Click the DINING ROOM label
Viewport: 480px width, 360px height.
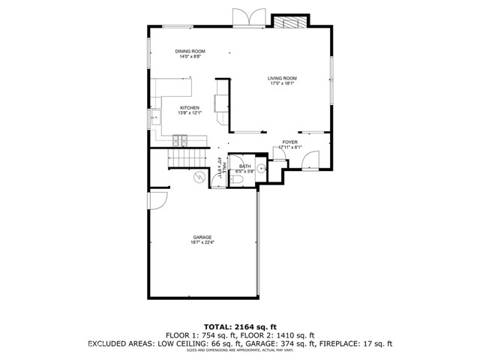coord(190,51)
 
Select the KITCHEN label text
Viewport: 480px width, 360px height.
coord(189,108)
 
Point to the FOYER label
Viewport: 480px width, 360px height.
coord(289,142)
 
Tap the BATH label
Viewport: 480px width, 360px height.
coord(244,166)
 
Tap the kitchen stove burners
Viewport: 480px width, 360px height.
coord(180,139)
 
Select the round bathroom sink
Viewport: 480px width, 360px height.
coord(262,169)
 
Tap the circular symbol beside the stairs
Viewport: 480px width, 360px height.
coord(199,177)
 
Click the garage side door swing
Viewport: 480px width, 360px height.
coord(157,200)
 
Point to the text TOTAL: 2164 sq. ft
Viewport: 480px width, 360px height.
coord(239,327)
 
